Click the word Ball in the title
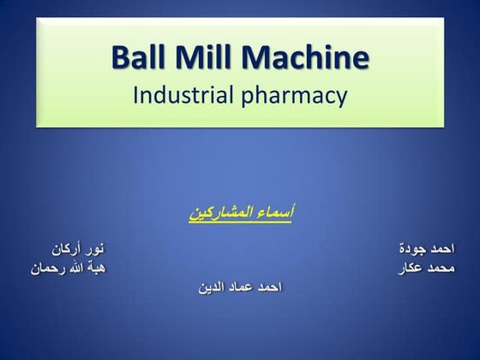click(141, 58)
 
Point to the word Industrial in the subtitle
click(179, 95)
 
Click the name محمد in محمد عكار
click(441, 268)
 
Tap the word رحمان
click(48, 268)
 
